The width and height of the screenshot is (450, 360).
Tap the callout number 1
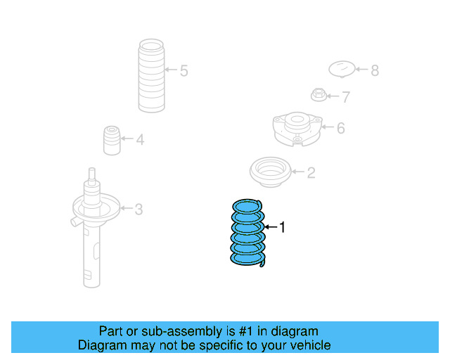pyautogui.click(x=283, y=227)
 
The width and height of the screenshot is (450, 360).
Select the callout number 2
pyautogui.click(x=311, y=172)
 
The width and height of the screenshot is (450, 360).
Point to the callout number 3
pyautogui.click(x=139, y=209)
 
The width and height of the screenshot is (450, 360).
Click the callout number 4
pyautogui.click(x=140, y=140)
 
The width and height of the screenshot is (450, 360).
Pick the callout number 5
pyautogui.click(x=184, y=71)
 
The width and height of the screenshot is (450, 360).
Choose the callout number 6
pyautogui.click(x=340, y=128)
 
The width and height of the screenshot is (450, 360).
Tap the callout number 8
pyautogui.click(x=374, y=70)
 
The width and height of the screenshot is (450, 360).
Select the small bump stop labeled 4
pyautogui.click(x=110, y=140)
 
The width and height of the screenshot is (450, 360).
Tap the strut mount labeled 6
pyautogui.click(x=297, y=127)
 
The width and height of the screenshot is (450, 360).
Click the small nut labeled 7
pyautogui.click(x=319, y=94)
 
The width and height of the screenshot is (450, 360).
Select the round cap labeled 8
pyautogui.click(x=342, y=69)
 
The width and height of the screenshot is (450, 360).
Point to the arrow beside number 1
pyautogui.click(x=271, y=227)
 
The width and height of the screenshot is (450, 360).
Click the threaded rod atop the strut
pyautogui.click(x=91, y=175)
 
